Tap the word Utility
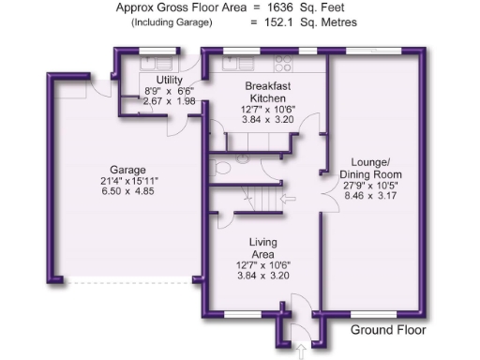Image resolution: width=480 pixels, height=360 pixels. [169, 80]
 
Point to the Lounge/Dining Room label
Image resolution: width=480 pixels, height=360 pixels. [371, 168]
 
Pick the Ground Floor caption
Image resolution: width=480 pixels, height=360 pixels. [388, 330]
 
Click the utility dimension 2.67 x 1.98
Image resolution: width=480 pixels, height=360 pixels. [169, 101]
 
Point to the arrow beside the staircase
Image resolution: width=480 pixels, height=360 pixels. [288, 200]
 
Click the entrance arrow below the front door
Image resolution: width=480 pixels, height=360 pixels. [301, 351]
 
